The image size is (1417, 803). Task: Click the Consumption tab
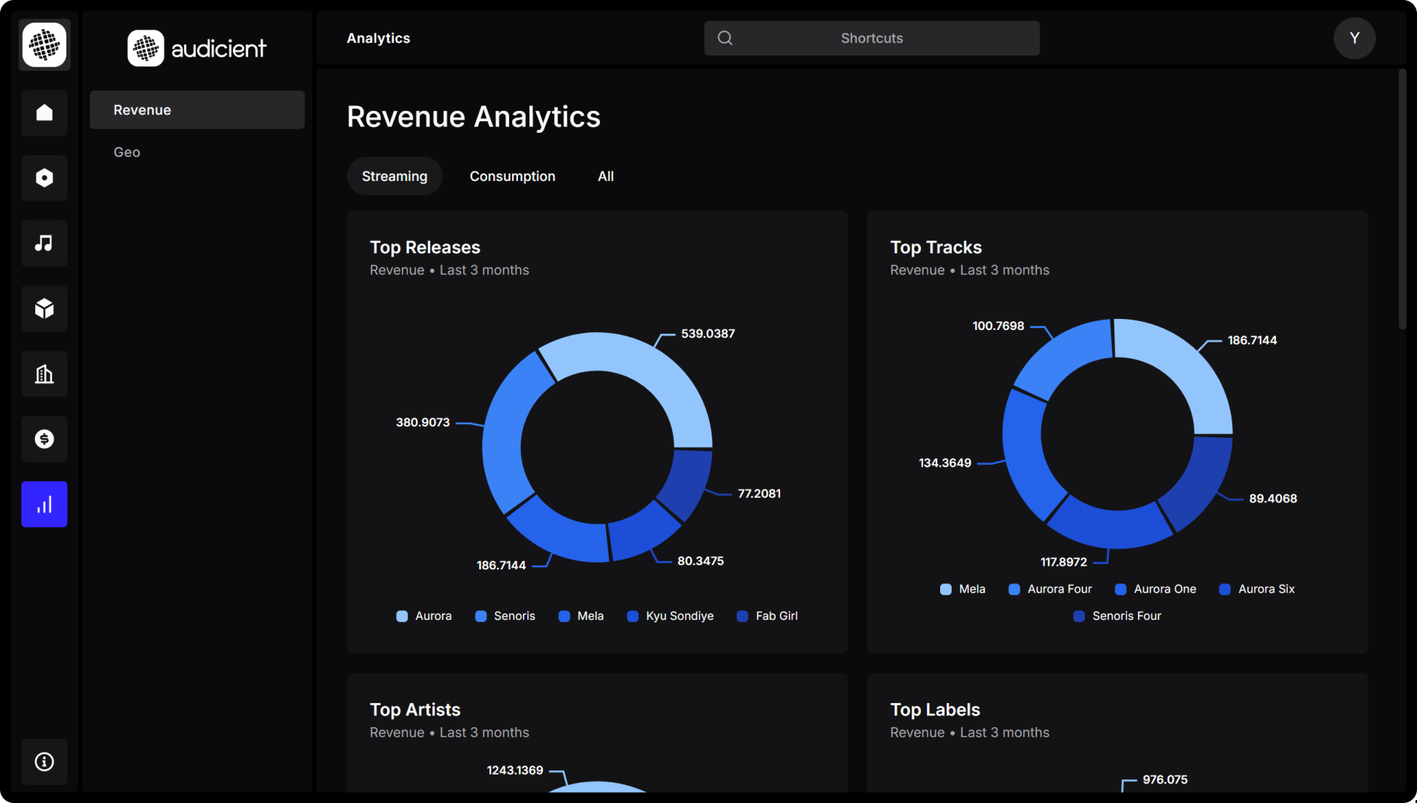[x=512, y=176]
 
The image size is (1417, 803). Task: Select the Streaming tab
[x=394, y=176]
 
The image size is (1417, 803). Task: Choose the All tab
[x=606, y=176]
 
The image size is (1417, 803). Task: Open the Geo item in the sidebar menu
[x=127, y=152]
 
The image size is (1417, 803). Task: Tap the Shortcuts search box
[x=871, y=38]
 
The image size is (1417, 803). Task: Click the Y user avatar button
[x=1354, y=38]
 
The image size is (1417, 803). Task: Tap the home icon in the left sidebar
[x=45, y=112]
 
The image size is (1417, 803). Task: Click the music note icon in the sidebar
[x=45, y=243]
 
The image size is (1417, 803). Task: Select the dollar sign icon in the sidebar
[x=45, y=439]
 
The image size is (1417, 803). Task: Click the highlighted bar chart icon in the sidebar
[x=45, y=504]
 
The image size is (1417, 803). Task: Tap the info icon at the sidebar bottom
[x=45, y=761]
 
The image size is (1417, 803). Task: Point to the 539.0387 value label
[x=708, y=334]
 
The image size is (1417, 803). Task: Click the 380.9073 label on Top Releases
[x=423, y=422]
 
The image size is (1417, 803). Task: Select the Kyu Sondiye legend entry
[x=671, y=616]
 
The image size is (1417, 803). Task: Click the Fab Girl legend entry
[x=768, y=616]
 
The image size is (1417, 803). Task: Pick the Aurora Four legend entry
[x=1050, y=589]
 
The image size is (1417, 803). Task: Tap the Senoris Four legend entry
[x=1118, y=616]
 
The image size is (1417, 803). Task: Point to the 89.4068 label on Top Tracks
[x=1272, y=499]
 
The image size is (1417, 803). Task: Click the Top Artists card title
[x=415, y=710]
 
